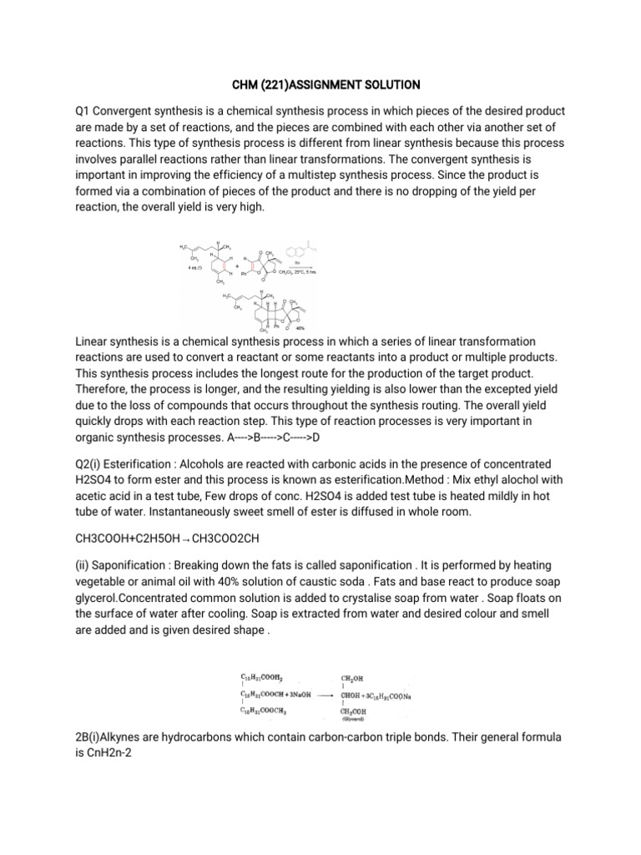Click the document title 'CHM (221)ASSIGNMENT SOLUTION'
point(320,84)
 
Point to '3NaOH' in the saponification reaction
point(295,695)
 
